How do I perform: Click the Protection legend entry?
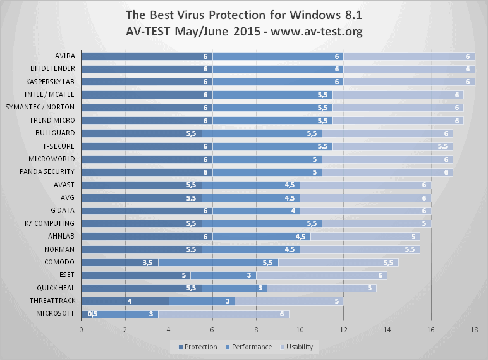click(198, 347)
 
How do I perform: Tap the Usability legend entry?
click(296, 347)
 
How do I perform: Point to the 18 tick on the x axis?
click(474, 329)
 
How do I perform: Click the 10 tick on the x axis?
click(300, 329)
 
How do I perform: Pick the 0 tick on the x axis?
click(82, 329)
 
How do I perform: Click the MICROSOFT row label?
click(56, 313)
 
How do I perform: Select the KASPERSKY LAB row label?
click(51, 82)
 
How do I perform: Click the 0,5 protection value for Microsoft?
click(92, 313)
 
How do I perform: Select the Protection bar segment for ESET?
click(136, 275)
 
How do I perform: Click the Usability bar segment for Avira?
click(408, 56)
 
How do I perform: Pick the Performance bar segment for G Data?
click(256, 210)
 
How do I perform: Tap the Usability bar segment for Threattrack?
click(288, 301)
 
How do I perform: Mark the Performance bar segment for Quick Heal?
click(234, 287)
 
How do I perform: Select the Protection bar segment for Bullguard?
click(142, 133)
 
